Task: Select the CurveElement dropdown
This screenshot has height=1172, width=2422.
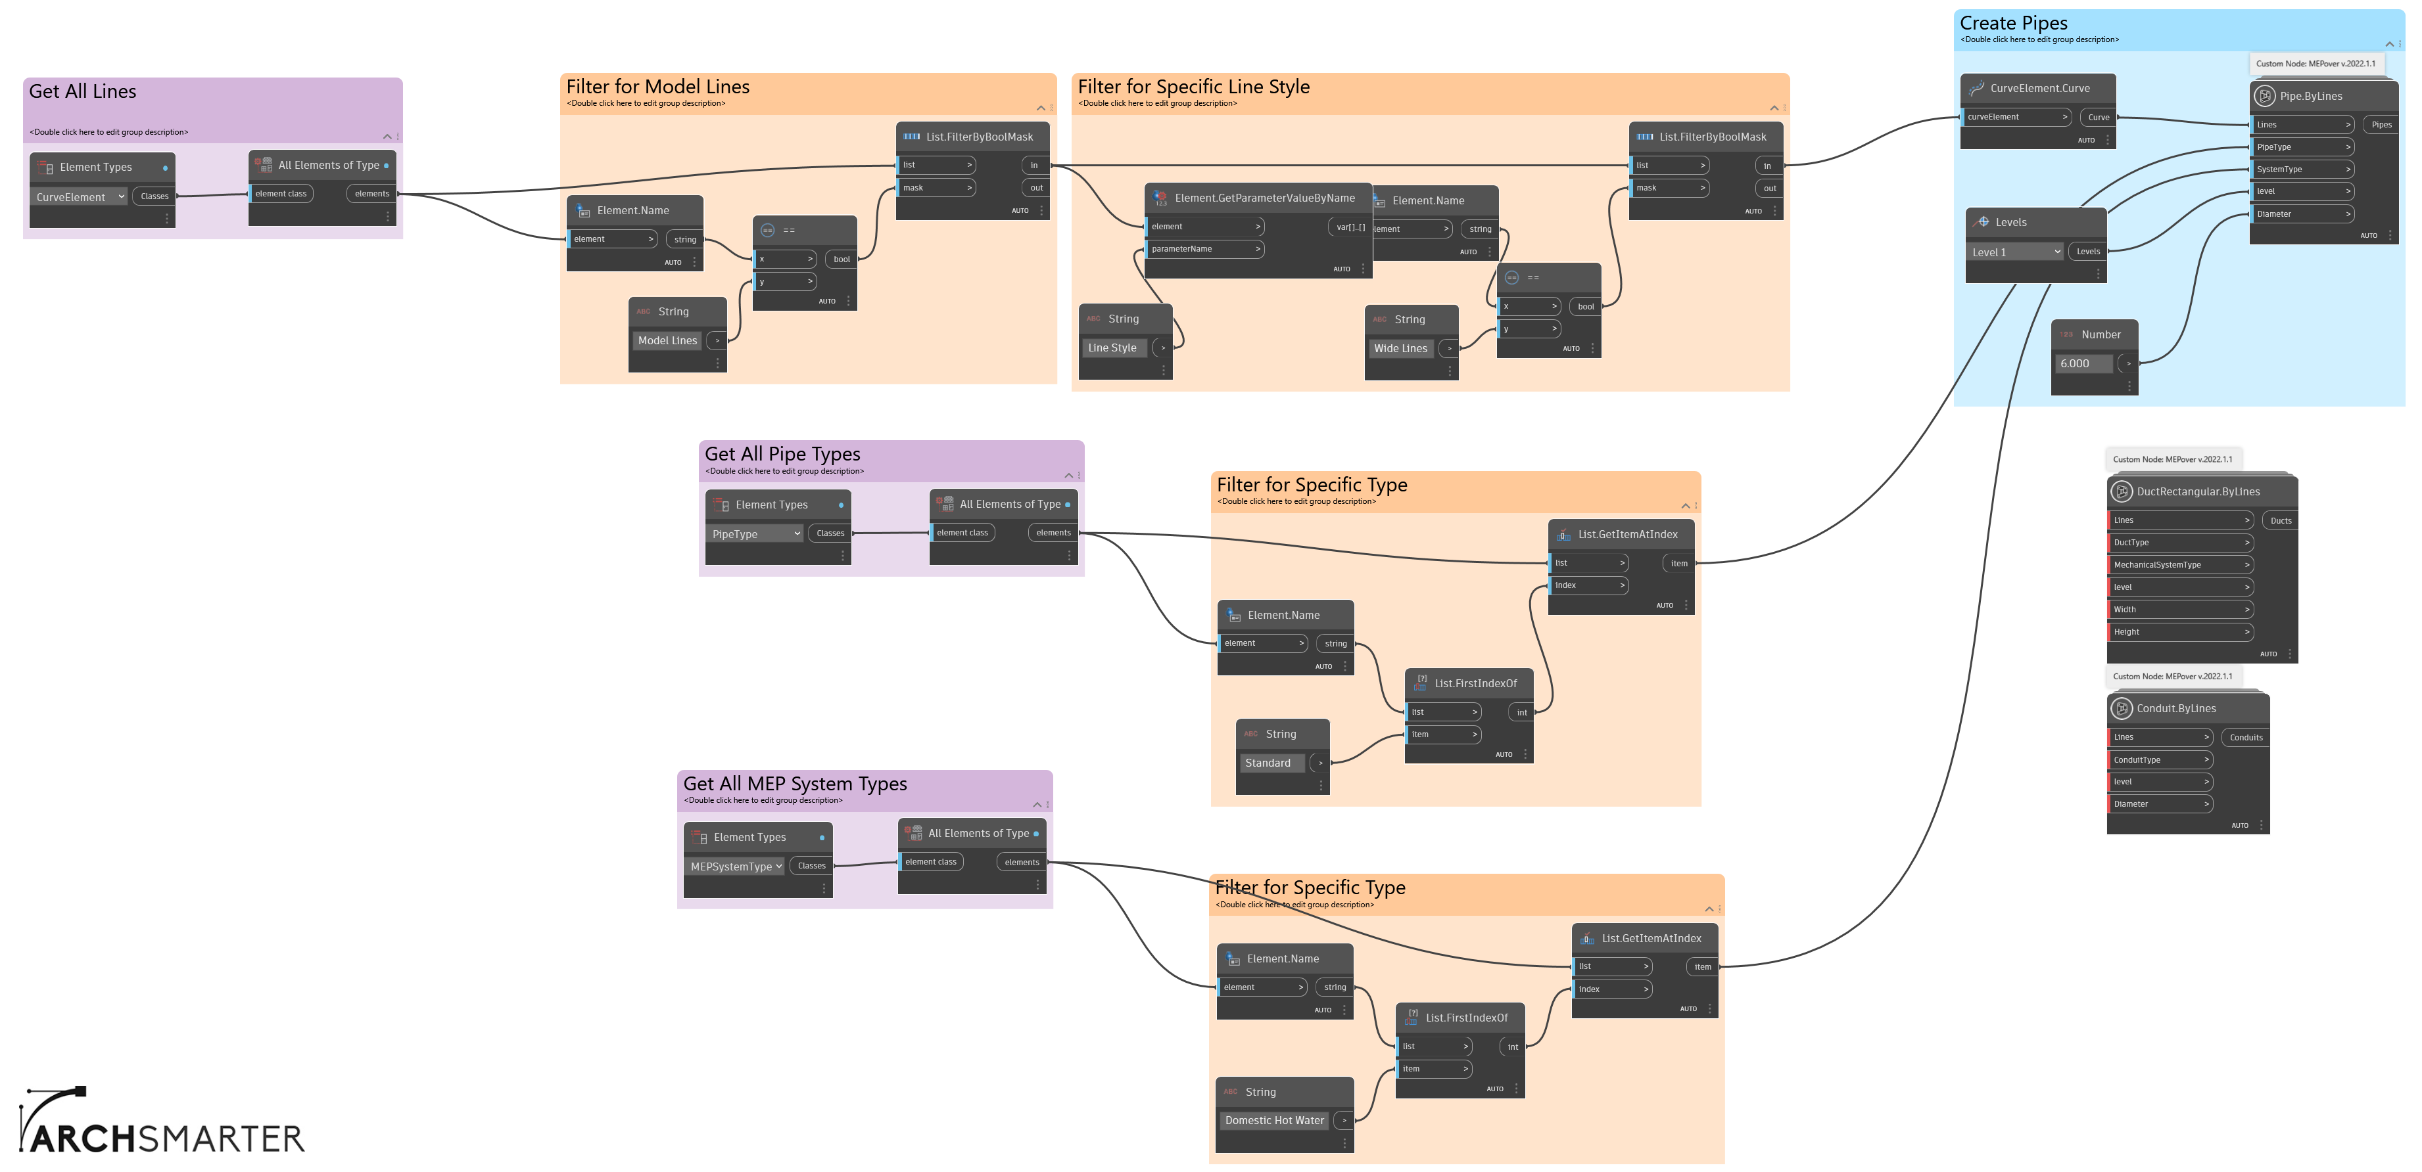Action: tap(80, 197)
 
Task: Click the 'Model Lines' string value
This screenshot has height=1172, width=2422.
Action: tap(667, 341)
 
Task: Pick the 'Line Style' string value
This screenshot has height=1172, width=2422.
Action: tap(1112, 348)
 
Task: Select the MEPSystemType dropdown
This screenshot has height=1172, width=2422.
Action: tap(735, 867)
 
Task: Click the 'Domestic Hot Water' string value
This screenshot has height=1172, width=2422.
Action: tap(1274, 1120)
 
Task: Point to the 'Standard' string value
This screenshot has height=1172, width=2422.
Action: tap(1268, 763)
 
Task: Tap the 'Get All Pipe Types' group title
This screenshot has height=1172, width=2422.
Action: tap(782, 454)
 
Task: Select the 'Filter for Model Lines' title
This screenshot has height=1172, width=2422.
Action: tap(657, 87)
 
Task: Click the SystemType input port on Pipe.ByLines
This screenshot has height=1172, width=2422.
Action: tap(2300, 169)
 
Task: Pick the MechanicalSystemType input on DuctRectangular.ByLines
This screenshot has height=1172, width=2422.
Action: tap(2179, 565)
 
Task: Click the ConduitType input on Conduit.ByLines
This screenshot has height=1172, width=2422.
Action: tap(2159, 759)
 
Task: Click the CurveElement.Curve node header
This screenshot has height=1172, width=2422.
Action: tap(2039, 88)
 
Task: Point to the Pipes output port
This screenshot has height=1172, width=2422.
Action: tap(2381, 125)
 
